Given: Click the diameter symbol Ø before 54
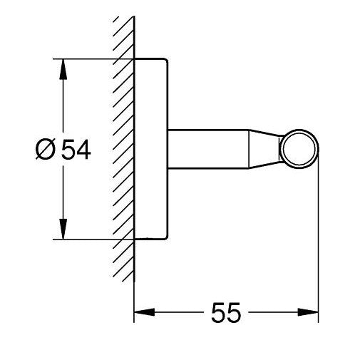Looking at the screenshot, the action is click(x=45, y=150).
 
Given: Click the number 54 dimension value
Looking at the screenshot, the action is click(x=76, y=150).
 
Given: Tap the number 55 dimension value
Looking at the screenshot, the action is click(x=226, y=312).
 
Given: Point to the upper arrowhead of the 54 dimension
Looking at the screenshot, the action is click(x=63, y=69).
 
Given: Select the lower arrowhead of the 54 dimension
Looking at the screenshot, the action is click(x=63, y=229).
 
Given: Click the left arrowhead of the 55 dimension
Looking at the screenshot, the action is click(x=145, y=312).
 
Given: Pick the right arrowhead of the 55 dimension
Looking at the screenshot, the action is click(x=308, y=312).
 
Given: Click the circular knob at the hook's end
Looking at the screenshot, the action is click(x=299, y=149).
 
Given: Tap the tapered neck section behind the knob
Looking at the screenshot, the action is click(x=264, y=149).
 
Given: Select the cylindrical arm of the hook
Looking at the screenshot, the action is click(x=208, y=149).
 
